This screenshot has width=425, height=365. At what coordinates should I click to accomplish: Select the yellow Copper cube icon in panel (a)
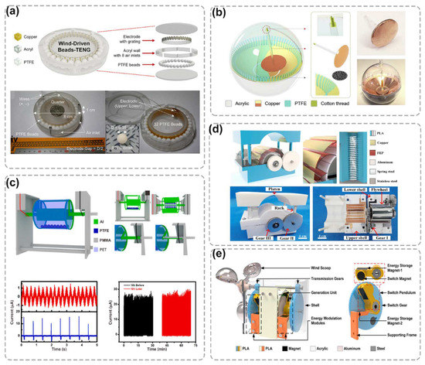coord(15,36)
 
